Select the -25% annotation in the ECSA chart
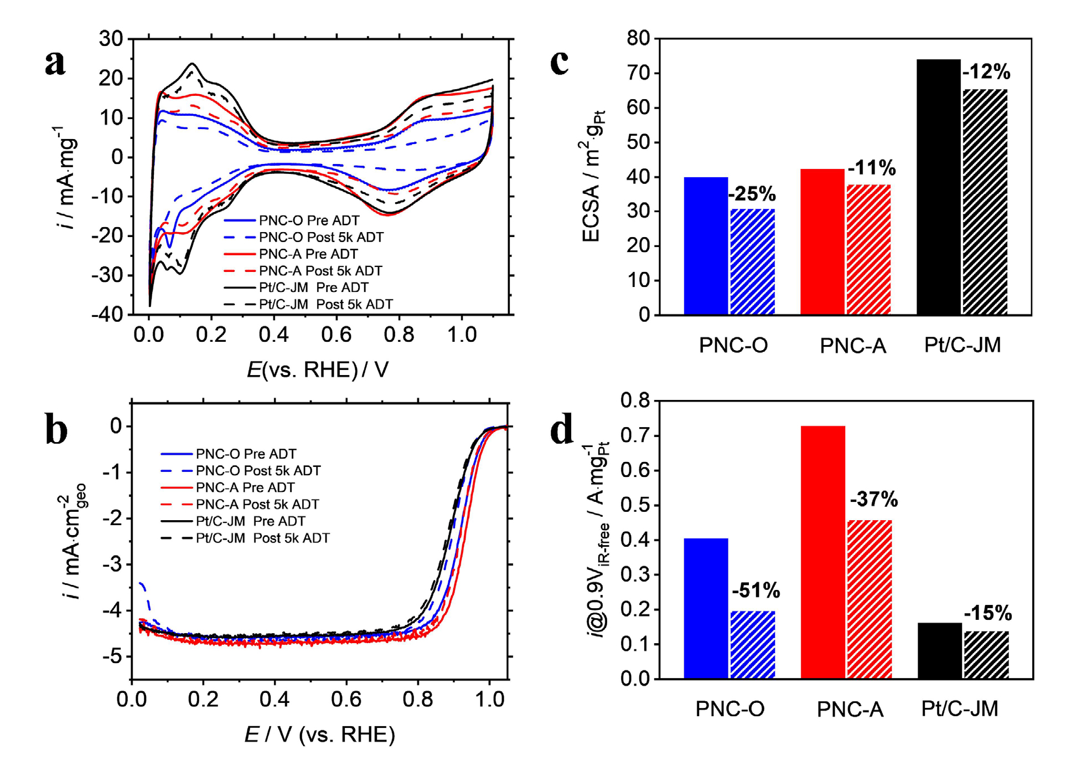click(x=752, y=194)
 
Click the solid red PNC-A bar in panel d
click(x=822, y=552)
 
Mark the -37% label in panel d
click(x=873, y=500)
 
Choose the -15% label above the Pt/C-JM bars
click(x=988, y=613)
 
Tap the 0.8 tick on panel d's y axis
click(x=635, y=400)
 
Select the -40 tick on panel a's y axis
click(x=107, y=315)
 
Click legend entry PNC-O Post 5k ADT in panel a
click(x=321, y=237)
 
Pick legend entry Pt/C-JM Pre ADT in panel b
click(x=250, y=521)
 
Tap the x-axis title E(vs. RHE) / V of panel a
click(x=318, y=369)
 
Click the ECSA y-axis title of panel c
click(x=591, y=177)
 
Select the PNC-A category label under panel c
click(x=852, y=346)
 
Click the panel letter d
click(x=561, y=430)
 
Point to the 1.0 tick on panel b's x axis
click(x=489, y=700)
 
